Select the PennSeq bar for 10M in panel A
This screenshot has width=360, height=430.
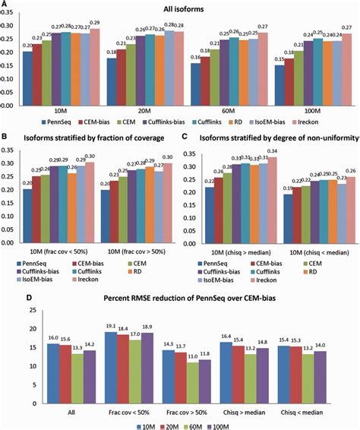point(27,79)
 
